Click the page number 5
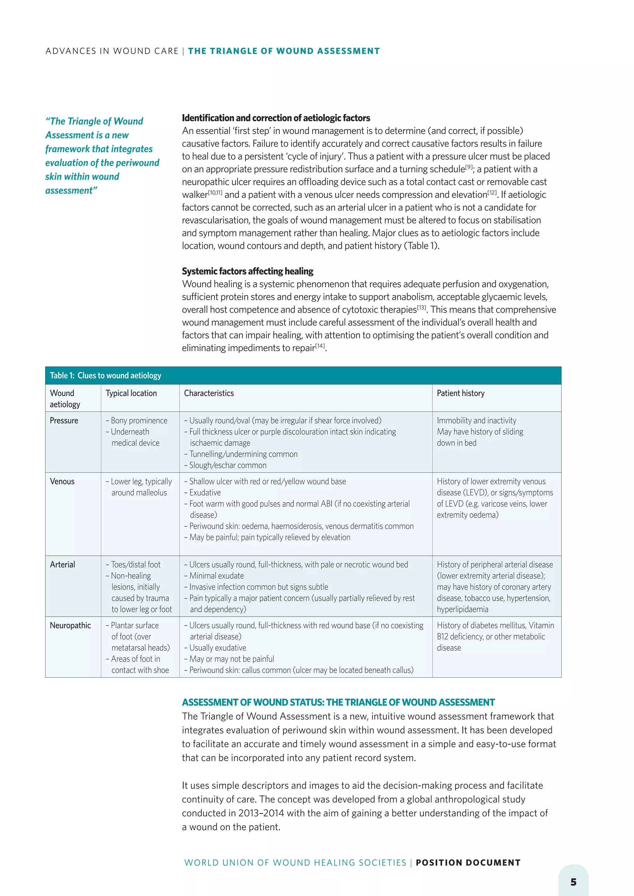[x=573, y=882]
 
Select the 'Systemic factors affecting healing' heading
[x=248, y=271]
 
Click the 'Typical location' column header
[x=131, y=393]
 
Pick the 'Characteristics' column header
[x=209, y=393]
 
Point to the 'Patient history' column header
[x=460, y=393]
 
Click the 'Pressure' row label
[x=64, y=421]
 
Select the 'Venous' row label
[x=62, y=481]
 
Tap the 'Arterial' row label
[x=63, y=565]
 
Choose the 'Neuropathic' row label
[x=70, y=626]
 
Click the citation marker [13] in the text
[x=422, y=308]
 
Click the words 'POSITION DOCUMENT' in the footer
[x=468, y=863]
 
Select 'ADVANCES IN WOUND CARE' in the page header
[x=112, y=51]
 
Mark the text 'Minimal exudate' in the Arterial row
[x=216, y=576]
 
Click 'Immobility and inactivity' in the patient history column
[x=476, y=421]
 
